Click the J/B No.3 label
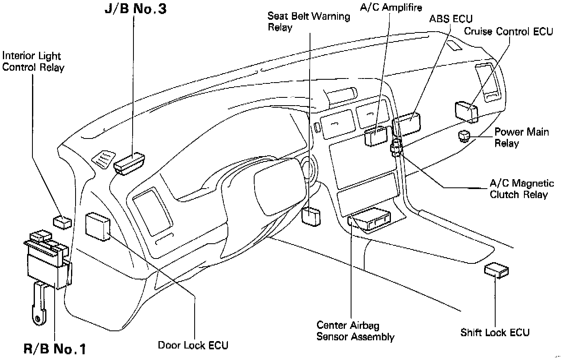135,9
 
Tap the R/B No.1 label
55,349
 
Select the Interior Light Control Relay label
33,62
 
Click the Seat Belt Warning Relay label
308,22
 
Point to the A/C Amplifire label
390,7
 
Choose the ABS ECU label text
450,19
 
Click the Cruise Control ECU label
508,32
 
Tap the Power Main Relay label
521,137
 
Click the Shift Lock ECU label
495,332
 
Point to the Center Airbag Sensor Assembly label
355,331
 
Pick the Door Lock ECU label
193,345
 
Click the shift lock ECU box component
496,271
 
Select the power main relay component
464,135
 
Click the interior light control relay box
62,222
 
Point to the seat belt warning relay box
310,216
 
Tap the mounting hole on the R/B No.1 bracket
38,318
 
